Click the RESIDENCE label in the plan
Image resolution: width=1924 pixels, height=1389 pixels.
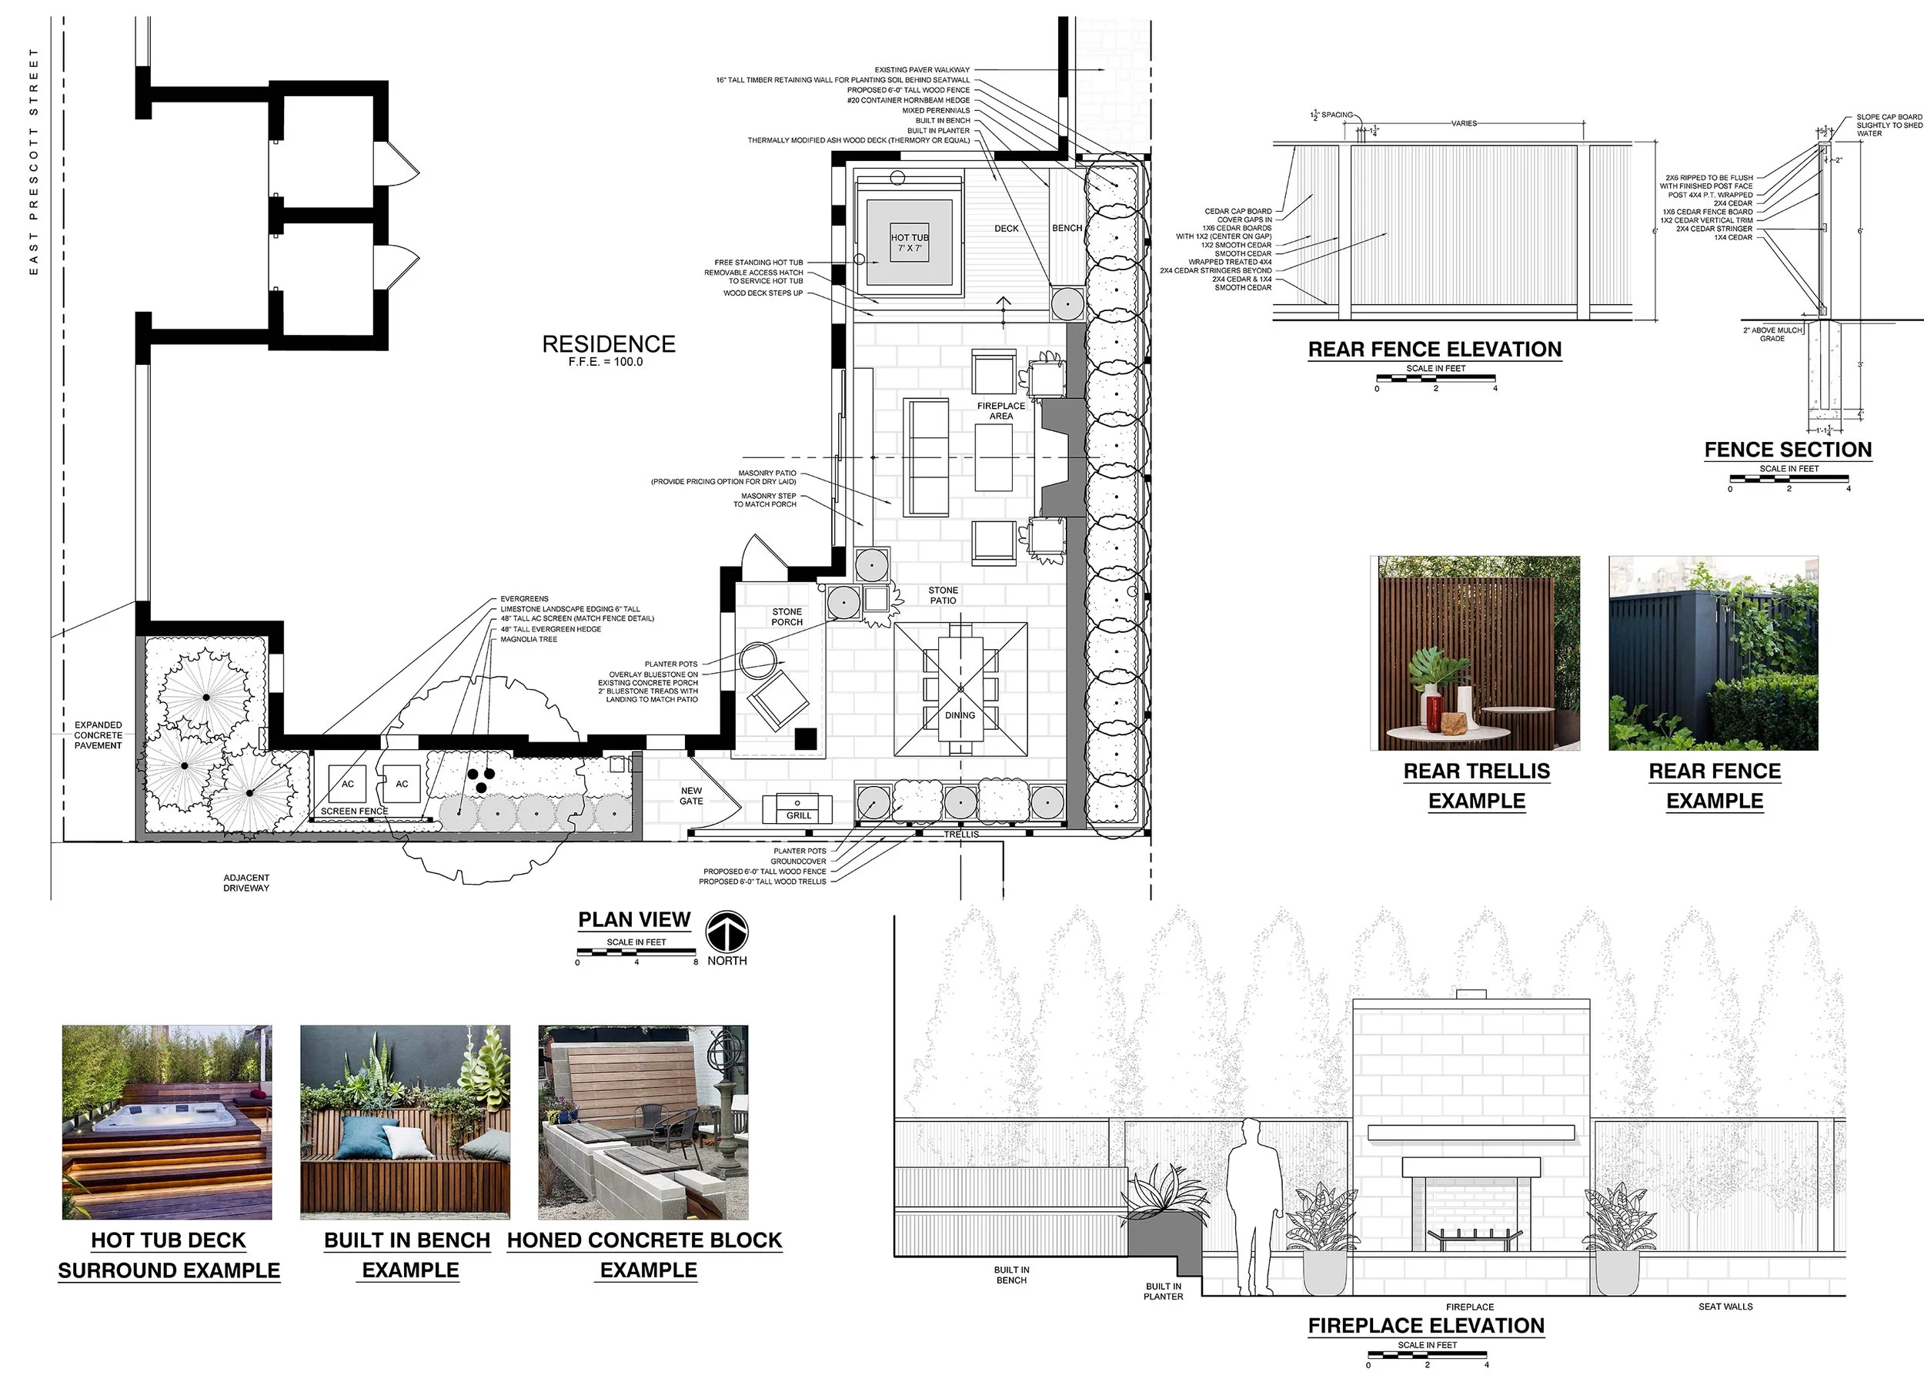click(608, 343)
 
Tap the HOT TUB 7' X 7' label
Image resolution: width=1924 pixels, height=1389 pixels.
click(910, 243)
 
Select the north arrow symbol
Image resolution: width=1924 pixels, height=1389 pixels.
click(727, 931)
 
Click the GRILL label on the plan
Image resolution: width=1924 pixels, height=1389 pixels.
click(798, 815)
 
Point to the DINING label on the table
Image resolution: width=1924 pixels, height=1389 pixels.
click(960, 715)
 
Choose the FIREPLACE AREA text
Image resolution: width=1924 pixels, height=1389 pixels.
click(1001, 410)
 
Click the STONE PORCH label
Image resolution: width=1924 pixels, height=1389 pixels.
click(787, 617)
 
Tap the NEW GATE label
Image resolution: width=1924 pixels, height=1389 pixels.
click(691, 796)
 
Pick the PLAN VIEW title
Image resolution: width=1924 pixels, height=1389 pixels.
click(635, 920)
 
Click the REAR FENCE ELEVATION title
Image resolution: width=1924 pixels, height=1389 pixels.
click(1435, 350)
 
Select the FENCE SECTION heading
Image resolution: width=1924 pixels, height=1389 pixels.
click(1789, 450)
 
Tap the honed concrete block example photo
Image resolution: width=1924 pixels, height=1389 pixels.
click(643, 1122)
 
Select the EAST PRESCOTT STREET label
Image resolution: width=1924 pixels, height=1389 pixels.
click(34, 161)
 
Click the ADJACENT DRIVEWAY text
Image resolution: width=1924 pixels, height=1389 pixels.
click(246, 882)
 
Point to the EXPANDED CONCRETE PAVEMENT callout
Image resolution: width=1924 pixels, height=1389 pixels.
click(99, 735)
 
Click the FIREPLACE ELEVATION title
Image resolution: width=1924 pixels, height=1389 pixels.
click(1426, 1326)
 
